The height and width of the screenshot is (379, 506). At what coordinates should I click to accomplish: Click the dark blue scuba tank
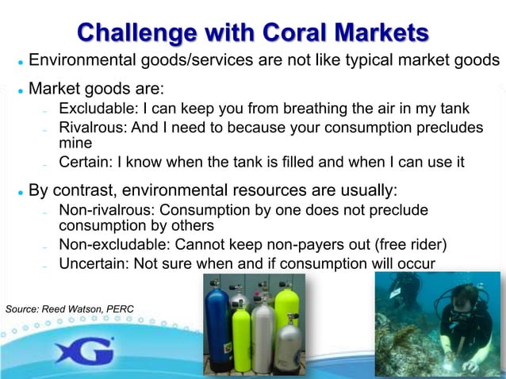[x=217, y=325]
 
